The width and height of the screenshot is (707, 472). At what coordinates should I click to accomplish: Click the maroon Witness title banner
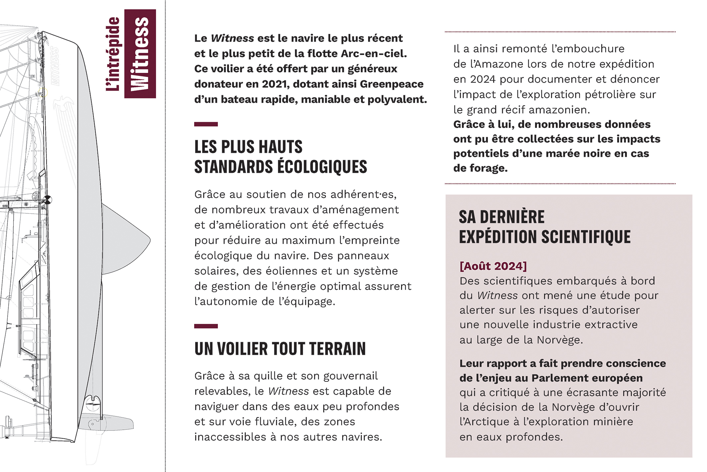coord(140,54)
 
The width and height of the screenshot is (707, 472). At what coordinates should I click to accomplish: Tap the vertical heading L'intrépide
coord(113,54)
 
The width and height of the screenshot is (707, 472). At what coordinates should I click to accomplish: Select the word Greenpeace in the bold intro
coord(391,84)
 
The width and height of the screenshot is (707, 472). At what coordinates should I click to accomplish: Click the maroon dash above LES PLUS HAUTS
coord(206,124)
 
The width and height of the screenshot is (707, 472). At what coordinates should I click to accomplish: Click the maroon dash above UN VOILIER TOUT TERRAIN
coord(206,326)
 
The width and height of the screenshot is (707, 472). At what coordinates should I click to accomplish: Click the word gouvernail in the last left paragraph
coord(351,376)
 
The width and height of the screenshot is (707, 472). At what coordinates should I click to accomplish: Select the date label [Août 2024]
coord(493,266)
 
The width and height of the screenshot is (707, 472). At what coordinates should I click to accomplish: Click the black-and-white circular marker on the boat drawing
coord(48,200)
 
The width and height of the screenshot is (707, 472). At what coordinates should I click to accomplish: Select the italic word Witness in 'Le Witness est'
coord(232,38)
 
